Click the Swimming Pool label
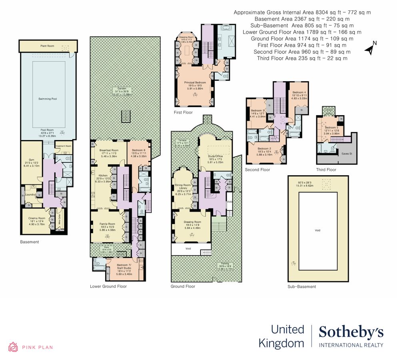[47, 99]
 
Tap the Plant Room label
[47, 46]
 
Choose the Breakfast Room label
[109, 150]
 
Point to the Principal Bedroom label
[195, 82]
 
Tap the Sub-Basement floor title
[301, 287]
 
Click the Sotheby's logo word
[351, 332]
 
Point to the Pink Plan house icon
[13, 347]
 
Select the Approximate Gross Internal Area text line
[302, 12]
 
